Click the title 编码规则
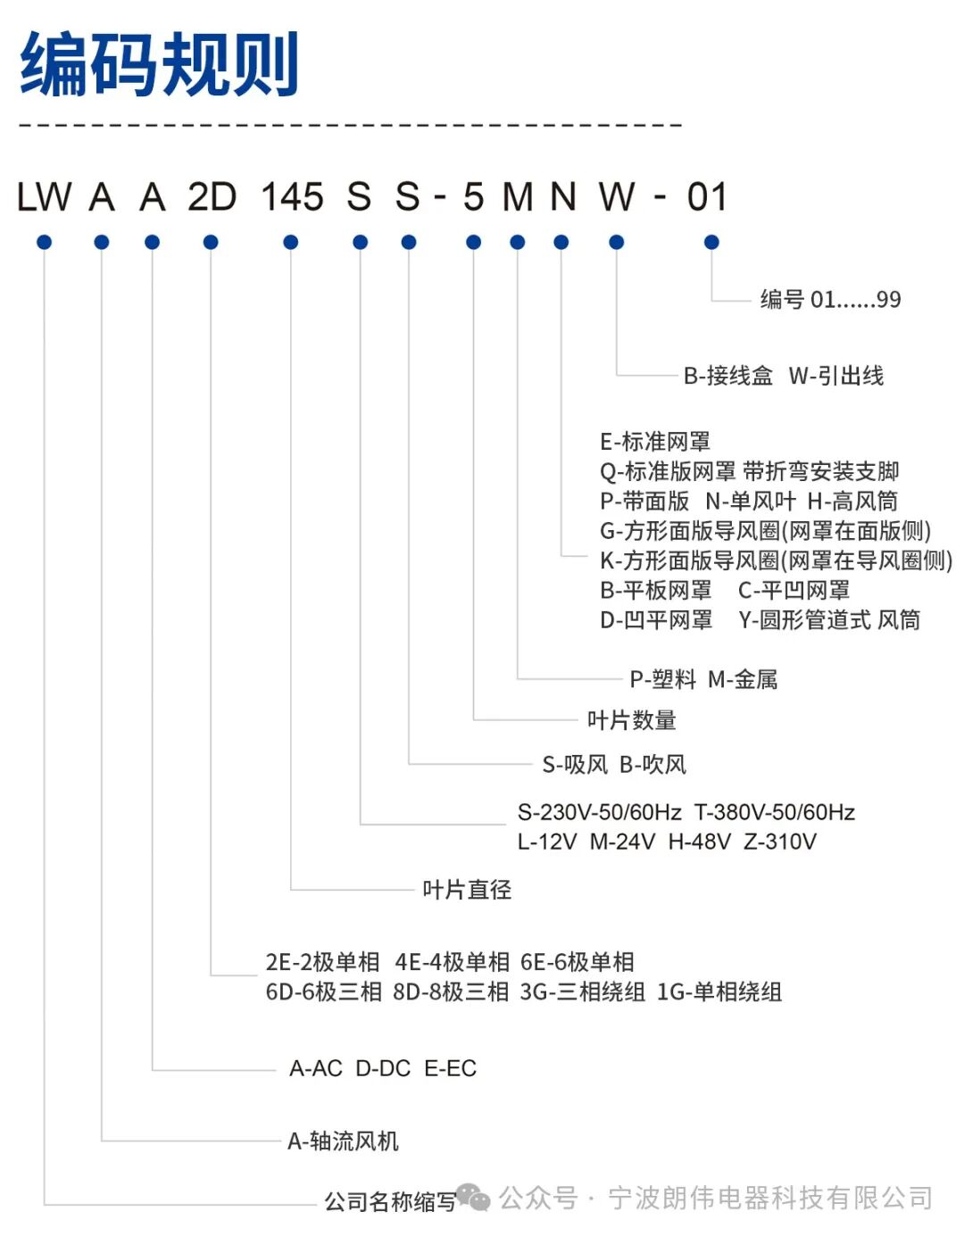159,64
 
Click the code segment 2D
212,197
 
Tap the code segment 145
292,197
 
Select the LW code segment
45,197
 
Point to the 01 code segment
707,197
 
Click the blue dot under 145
290,242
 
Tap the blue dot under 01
711,242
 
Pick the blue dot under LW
45,242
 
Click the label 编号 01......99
830,300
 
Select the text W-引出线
836,376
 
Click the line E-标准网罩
655,442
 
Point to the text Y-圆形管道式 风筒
829,620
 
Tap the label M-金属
743,680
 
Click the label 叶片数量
632,720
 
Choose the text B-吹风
653,765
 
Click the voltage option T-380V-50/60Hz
775,813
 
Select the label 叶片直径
467,890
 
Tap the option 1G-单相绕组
719,992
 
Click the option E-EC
451,1068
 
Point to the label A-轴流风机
343,1141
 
